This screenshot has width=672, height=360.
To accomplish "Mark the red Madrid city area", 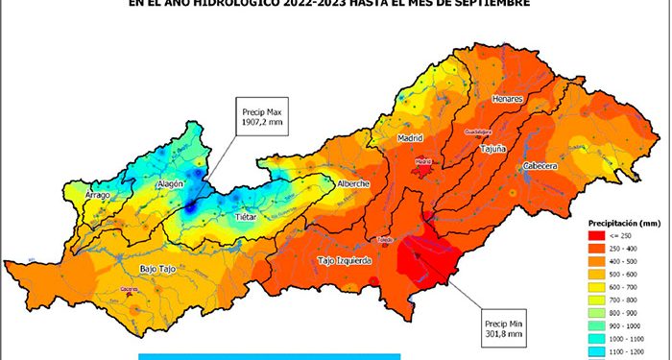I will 422,163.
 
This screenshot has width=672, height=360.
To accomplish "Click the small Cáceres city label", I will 128,289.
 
